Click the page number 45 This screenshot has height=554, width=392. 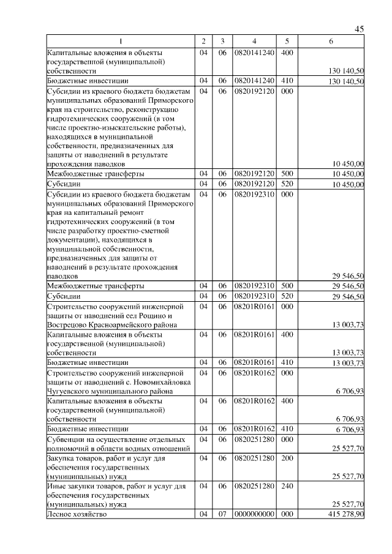click(359, 29)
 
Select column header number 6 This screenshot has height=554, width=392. click(331, 41)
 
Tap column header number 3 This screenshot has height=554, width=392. click(222, 41)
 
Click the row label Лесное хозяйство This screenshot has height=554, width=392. click(77, 515)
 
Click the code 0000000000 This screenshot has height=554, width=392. click(254, 515)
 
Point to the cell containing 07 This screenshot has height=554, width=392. click(222, 515)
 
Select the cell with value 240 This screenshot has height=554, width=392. click(286, 487)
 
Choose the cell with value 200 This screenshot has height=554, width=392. click(286, 459)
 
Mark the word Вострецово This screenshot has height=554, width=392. click(68, 324)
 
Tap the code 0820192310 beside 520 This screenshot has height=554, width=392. click(254, 296)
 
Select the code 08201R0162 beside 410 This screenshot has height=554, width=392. click(254, 429)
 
